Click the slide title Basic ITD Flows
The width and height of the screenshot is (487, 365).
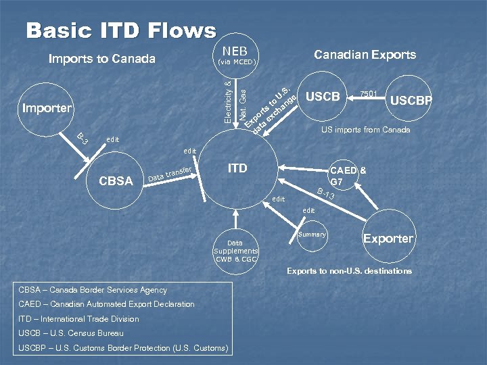pyautogui.click(x=121, y=30)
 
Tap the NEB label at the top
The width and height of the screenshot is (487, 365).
pyautogui.click(x=235, y=51)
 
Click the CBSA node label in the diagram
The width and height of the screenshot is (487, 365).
pyautogui.click(x=116, y=180)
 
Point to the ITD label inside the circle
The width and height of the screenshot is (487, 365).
pyautogui.click(x=237, y=168)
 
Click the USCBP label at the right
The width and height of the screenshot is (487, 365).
pyautogui.click(x=411, y=101)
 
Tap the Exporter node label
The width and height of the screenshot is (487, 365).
pyautogui.click(x=388, y=238)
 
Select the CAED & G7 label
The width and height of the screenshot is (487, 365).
pyautogui.click(x=348, y=176)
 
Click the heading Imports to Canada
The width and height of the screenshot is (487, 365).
pyautogui.click(x=102, y=59)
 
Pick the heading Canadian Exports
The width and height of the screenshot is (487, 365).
pyautogui.click(x=365, y=55)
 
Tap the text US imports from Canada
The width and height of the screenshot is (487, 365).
pyautogui.click(x=365, y=130)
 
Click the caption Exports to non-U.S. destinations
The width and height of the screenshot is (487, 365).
pyautogui.click(x=349, y=271)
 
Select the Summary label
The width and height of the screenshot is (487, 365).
pyautogui.click(x=312, y=235)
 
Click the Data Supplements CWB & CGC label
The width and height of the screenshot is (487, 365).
pyautogui.click(x=235, y=251)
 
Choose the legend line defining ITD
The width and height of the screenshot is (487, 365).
pyautogui.click(x=78, y=319)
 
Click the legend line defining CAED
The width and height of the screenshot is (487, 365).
pyautogui.click(x=106, y=304)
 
